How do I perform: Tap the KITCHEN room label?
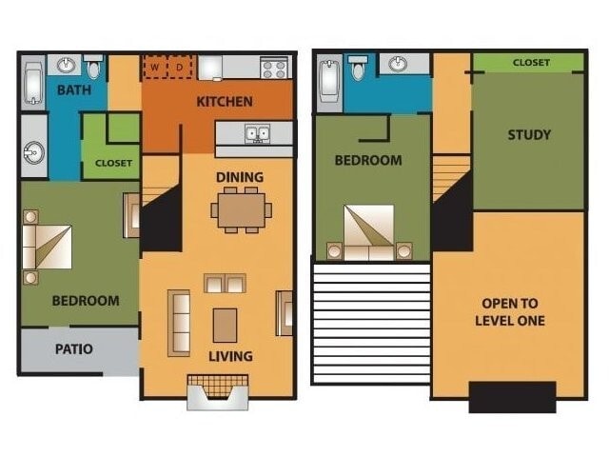[x=225, y=102]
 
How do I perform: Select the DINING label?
[x=240, y=177]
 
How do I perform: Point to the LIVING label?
[x=230, y=356]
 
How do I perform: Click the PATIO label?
[x=73, y=348]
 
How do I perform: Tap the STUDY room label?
[x=528, y=134]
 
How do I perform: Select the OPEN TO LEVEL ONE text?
[x=510, y=312]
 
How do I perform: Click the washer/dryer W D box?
[x=168, y=68]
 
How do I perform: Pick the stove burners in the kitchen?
[x=274, y=68]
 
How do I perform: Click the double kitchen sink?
[x=256, y=133]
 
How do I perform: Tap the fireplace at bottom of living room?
[x=217, y=390]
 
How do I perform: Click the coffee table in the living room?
[x=225, y=324]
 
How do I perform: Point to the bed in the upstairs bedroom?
[x=369, y=232]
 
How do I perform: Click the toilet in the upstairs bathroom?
[x=359, y=68]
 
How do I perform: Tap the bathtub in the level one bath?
[x=31, y=84]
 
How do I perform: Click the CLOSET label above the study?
[x=531, y=63]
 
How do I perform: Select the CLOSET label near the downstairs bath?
[x=113, y=163]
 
